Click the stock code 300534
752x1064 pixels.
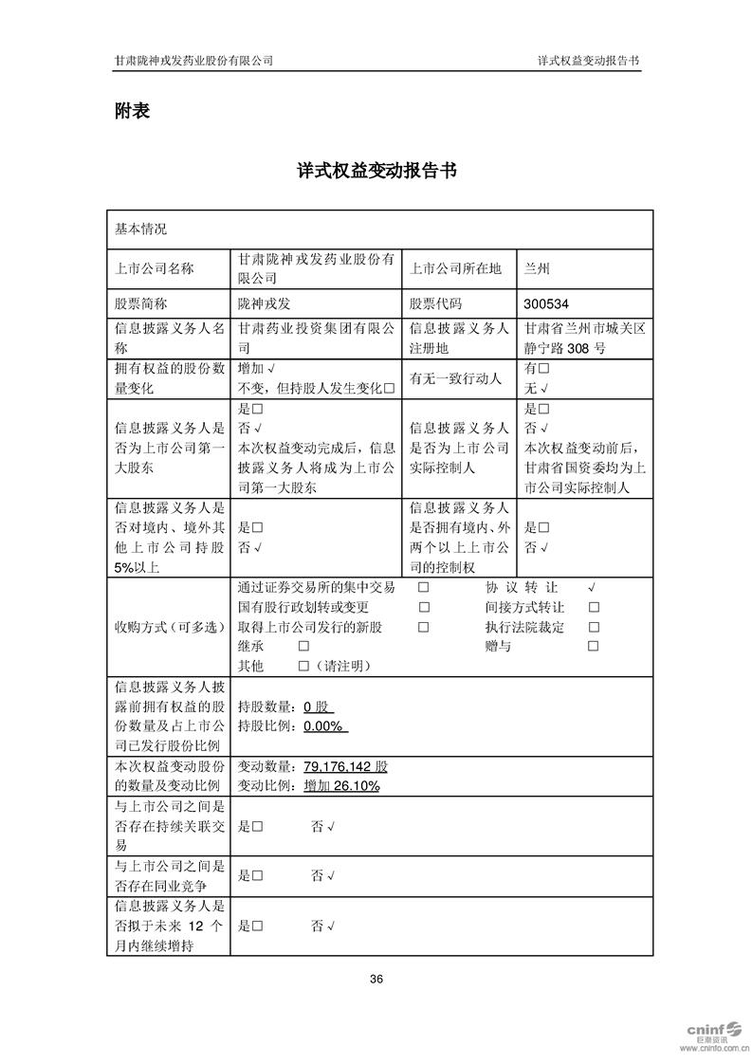tap(546, 304)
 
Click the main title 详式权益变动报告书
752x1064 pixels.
tap(376, 172)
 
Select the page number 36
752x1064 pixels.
tap(376, 979)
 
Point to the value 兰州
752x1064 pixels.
tap(537, 268)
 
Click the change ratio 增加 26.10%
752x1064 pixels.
tap(341, 786)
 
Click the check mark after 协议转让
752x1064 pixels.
tap(592, 588)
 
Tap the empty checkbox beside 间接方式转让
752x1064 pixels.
tap(594, 608)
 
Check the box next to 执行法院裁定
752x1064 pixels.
tap(594, 627)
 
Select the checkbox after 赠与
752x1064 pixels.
tap(594, 647)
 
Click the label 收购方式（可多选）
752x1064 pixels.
tap(167, 627)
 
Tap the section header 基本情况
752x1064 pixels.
tap(140, 229)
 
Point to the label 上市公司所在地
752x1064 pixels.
tap(454, 268)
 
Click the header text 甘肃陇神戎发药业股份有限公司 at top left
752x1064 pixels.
tap(194, 60)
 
